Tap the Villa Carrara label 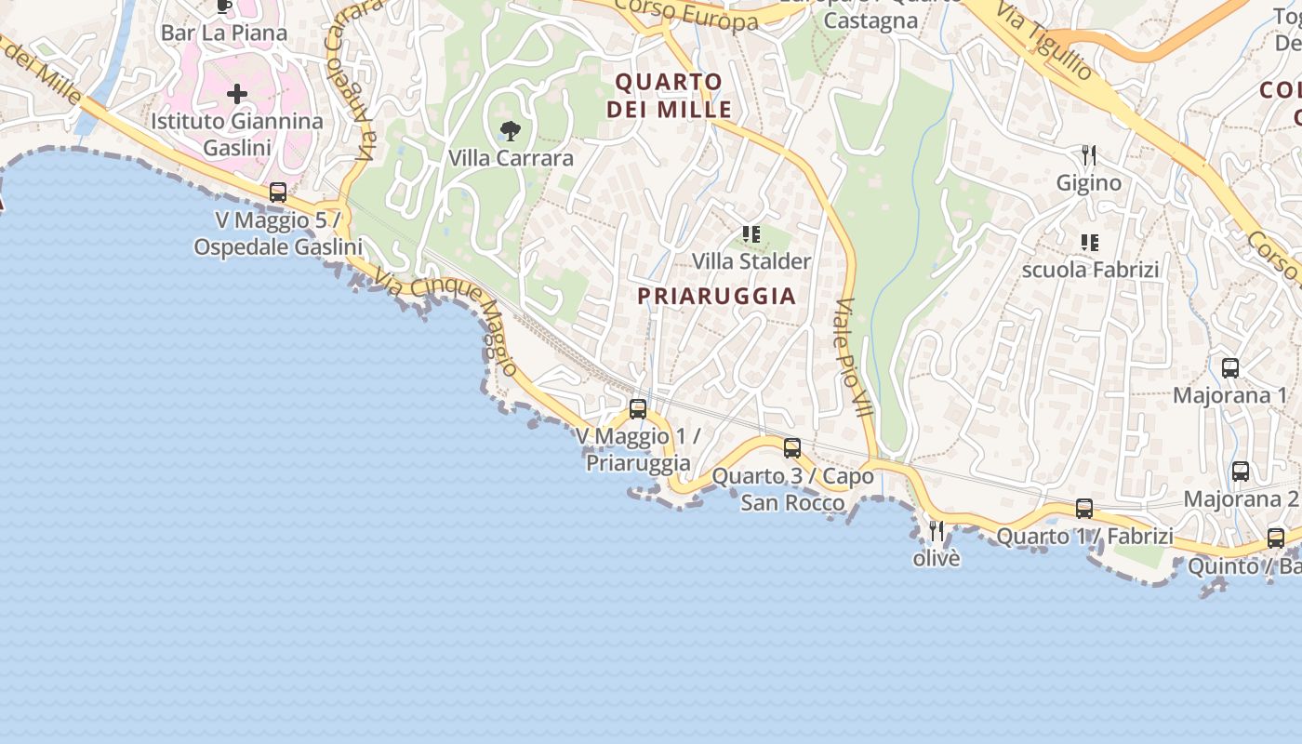(511, 158)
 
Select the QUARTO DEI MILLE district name (669, 96)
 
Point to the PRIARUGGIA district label (716, 296)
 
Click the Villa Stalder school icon (751, 234)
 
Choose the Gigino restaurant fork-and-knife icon (1089, 154)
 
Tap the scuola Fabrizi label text (1090, 270)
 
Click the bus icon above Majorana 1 (1230, 368)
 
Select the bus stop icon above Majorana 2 (1241, 472)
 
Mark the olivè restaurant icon (937, 531)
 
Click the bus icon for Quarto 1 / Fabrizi (1084, 509)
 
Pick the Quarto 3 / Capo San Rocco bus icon (792, 448)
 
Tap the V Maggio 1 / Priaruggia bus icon (638, 408)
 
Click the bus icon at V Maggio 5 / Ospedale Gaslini (278, 193)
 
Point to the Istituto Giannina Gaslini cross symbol (237, 94)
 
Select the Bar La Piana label (224, 33)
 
